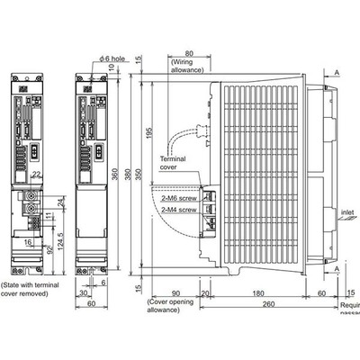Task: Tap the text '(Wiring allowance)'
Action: click(x=185, y=66)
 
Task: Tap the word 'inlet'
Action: click(x=348, y=214)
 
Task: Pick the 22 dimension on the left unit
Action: click(x=37, y=175)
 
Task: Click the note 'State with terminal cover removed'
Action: click(x=31, y=288)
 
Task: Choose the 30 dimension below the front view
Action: click(x=82, y=292)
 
